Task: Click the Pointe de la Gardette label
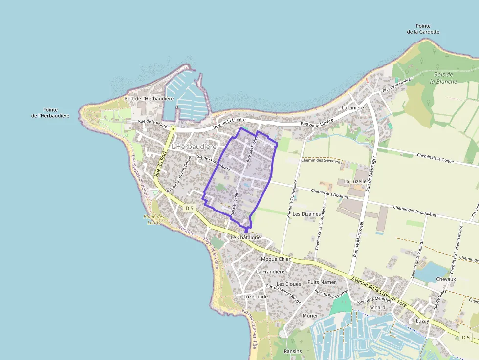tap(423, 29)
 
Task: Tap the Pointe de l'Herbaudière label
tap(50, 113)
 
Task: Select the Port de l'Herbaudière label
tap(149, 99)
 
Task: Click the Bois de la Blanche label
tap(443, 78)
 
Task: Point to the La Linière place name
tap(352, 108)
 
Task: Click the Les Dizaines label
tap(306, 214)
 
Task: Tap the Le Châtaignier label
tap(246, 237)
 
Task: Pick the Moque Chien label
tap(276, 259)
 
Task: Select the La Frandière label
tap(270, 271)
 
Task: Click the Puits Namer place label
tap(322, 282)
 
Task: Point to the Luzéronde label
tap(256, 296)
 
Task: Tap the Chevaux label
tap(445, 279)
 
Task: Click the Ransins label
tap(293, 351)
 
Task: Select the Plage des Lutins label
tap(154, 219)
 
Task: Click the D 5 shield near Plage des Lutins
tap(190, 208)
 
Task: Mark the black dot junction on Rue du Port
tap(173, 129)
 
